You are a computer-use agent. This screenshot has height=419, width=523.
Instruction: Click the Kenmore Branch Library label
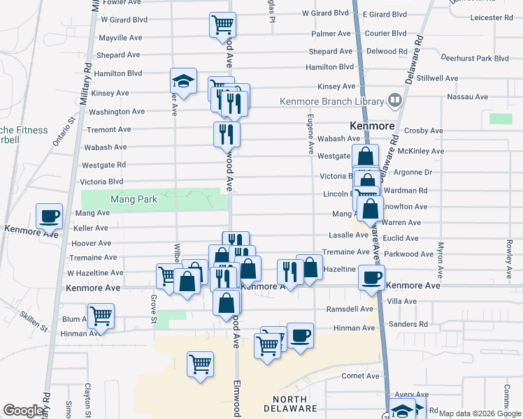tap(331, 101)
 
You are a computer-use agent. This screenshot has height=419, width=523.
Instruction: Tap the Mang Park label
tap(134, 200)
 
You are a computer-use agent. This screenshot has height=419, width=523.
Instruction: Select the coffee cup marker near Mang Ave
tap(49, 216)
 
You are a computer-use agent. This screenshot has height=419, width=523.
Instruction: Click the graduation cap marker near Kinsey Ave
tap(183, 81)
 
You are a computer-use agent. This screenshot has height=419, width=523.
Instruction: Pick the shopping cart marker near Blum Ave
tap(101, 315)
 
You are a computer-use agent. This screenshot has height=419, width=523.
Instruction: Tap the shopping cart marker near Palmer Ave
tap(222, 24)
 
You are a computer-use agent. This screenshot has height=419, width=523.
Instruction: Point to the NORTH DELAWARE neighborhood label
tap(291, 403)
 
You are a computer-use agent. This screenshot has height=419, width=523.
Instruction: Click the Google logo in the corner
tap(23, 411)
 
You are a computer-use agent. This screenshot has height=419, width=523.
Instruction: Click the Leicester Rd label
tap(492, 17)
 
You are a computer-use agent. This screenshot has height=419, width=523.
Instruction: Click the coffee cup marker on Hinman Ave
tap(300, 335)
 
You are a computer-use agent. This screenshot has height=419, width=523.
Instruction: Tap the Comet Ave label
tap(359, 376)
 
